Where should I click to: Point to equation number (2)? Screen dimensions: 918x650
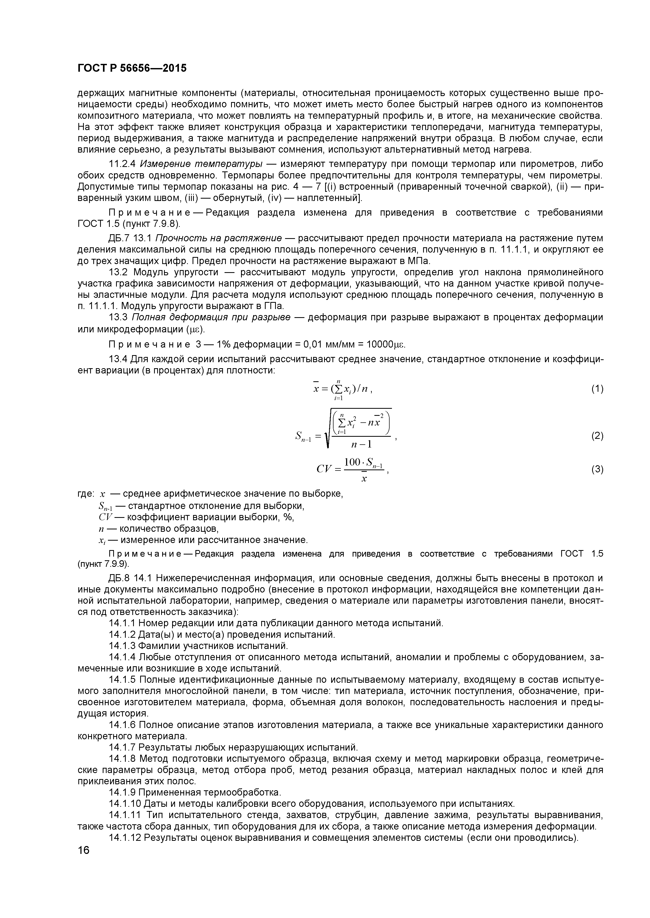(x=597, y=436)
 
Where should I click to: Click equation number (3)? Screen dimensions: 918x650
(x=597, y=469)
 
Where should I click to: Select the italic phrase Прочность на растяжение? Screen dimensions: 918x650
(x=218, y=239)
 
